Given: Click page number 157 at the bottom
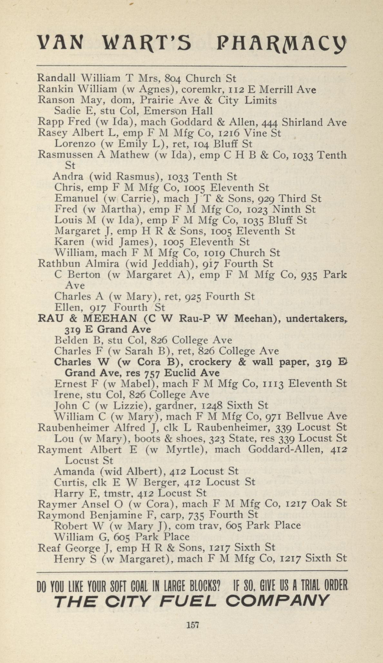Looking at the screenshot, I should click(193, 625).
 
